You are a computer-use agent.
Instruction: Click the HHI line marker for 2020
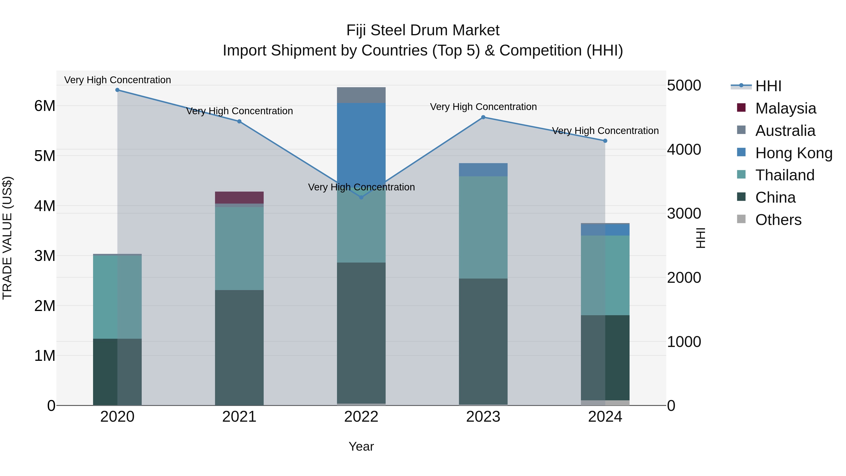pos(117,90)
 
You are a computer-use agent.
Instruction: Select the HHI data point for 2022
pos(361,197)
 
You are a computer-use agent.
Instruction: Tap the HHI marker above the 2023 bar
pos(483,117)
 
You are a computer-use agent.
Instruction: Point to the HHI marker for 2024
pos(605,141)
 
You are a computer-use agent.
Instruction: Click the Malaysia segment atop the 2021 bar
pos(239,197)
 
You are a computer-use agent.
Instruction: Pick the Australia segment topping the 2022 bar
pos(361,95)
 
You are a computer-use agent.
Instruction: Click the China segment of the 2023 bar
pos(483,342)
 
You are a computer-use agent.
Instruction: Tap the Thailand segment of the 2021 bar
pos(239,248)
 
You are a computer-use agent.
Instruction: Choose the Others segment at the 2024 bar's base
pos(605,403)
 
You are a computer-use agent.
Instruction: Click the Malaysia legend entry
pos(785,108)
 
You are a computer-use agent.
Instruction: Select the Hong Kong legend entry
pos(793,153)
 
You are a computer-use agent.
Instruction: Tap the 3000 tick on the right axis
pos(684,213)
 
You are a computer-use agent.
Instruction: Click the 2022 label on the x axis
pos(361,417)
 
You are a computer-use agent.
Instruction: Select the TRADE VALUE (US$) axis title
pos(7,238)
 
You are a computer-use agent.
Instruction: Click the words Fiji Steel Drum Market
pos(423,30)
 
